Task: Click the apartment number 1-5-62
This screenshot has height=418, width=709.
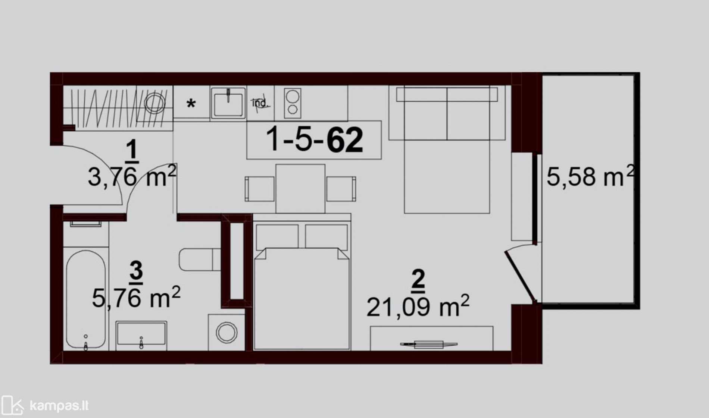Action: [314, 140]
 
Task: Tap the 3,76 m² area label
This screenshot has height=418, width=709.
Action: [132, 177]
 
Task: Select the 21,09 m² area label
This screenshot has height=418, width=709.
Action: [418, 306]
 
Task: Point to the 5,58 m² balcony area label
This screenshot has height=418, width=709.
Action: [590, 176]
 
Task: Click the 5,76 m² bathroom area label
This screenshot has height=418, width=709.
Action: [136, 297]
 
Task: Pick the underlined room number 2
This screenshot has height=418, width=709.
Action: [418, 280]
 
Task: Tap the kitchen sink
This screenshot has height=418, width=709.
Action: [228, 103]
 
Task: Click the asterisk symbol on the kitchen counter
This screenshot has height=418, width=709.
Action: [191, 103]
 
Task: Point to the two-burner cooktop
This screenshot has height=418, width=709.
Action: [293, 102]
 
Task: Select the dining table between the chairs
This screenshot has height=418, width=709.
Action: [300, 189]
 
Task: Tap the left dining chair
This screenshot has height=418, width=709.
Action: [260, 189]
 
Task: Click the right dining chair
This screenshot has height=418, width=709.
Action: [341, 189]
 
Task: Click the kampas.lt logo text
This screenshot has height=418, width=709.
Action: [59, 406]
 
